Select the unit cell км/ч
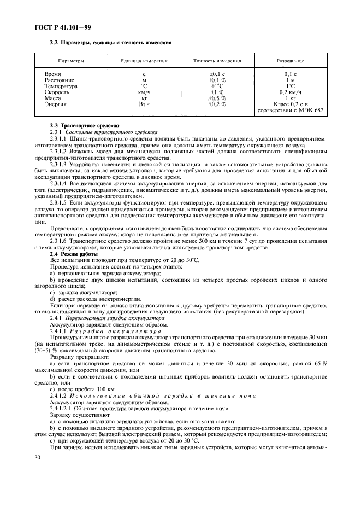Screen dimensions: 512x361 [144, 92]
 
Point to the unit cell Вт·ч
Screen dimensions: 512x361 [144, 104]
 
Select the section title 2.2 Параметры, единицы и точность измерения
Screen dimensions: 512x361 [111, 42]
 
